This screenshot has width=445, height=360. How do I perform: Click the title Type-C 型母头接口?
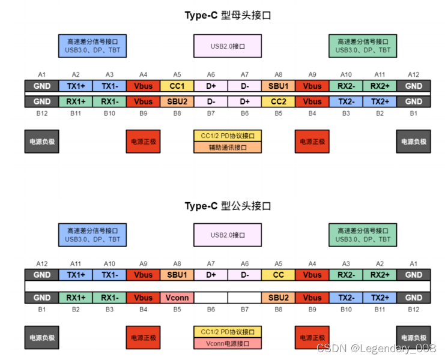(x=228, y=16)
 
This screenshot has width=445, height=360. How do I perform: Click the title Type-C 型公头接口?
(x=228, y=206)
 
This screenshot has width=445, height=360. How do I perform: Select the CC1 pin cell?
(x=177, y=86)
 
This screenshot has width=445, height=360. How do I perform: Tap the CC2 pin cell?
(x=278, y=101)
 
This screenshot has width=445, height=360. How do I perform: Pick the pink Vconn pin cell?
(x=177, y=298)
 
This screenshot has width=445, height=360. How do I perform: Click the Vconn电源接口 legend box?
(x=228, y=344)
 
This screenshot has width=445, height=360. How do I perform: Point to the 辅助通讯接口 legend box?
(x=228, y=147)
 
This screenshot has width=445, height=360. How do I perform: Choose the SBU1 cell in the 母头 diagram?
(x=278, y=86)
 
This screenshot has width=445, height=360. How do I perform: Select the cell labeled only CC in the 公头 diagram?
(x=278, y=275)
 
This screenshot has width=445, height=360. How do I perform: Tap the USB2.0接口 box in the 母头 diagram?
(x=228, y=46)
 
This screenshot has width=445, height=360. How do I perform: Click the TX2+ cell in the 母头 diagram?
(x=380, y=101)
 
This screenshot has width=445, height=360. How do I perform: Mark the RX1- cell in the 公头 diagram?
(x=109, y=298)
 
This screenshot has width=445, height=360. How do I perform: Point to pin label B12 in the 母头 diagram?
(x=41, y=112)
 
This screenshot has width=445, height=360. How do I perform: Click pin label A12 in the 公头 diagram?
(x=41, y=263)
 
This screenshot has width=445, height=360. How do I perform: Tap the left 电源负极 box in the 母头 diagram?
(x=42, y=142)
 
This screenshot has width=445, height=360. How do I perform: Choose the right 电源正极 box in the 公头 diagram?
(x=312, y=338)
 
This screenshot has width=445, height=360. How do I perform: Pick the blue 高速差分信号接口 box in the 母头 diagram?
(x=92, y=46)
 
